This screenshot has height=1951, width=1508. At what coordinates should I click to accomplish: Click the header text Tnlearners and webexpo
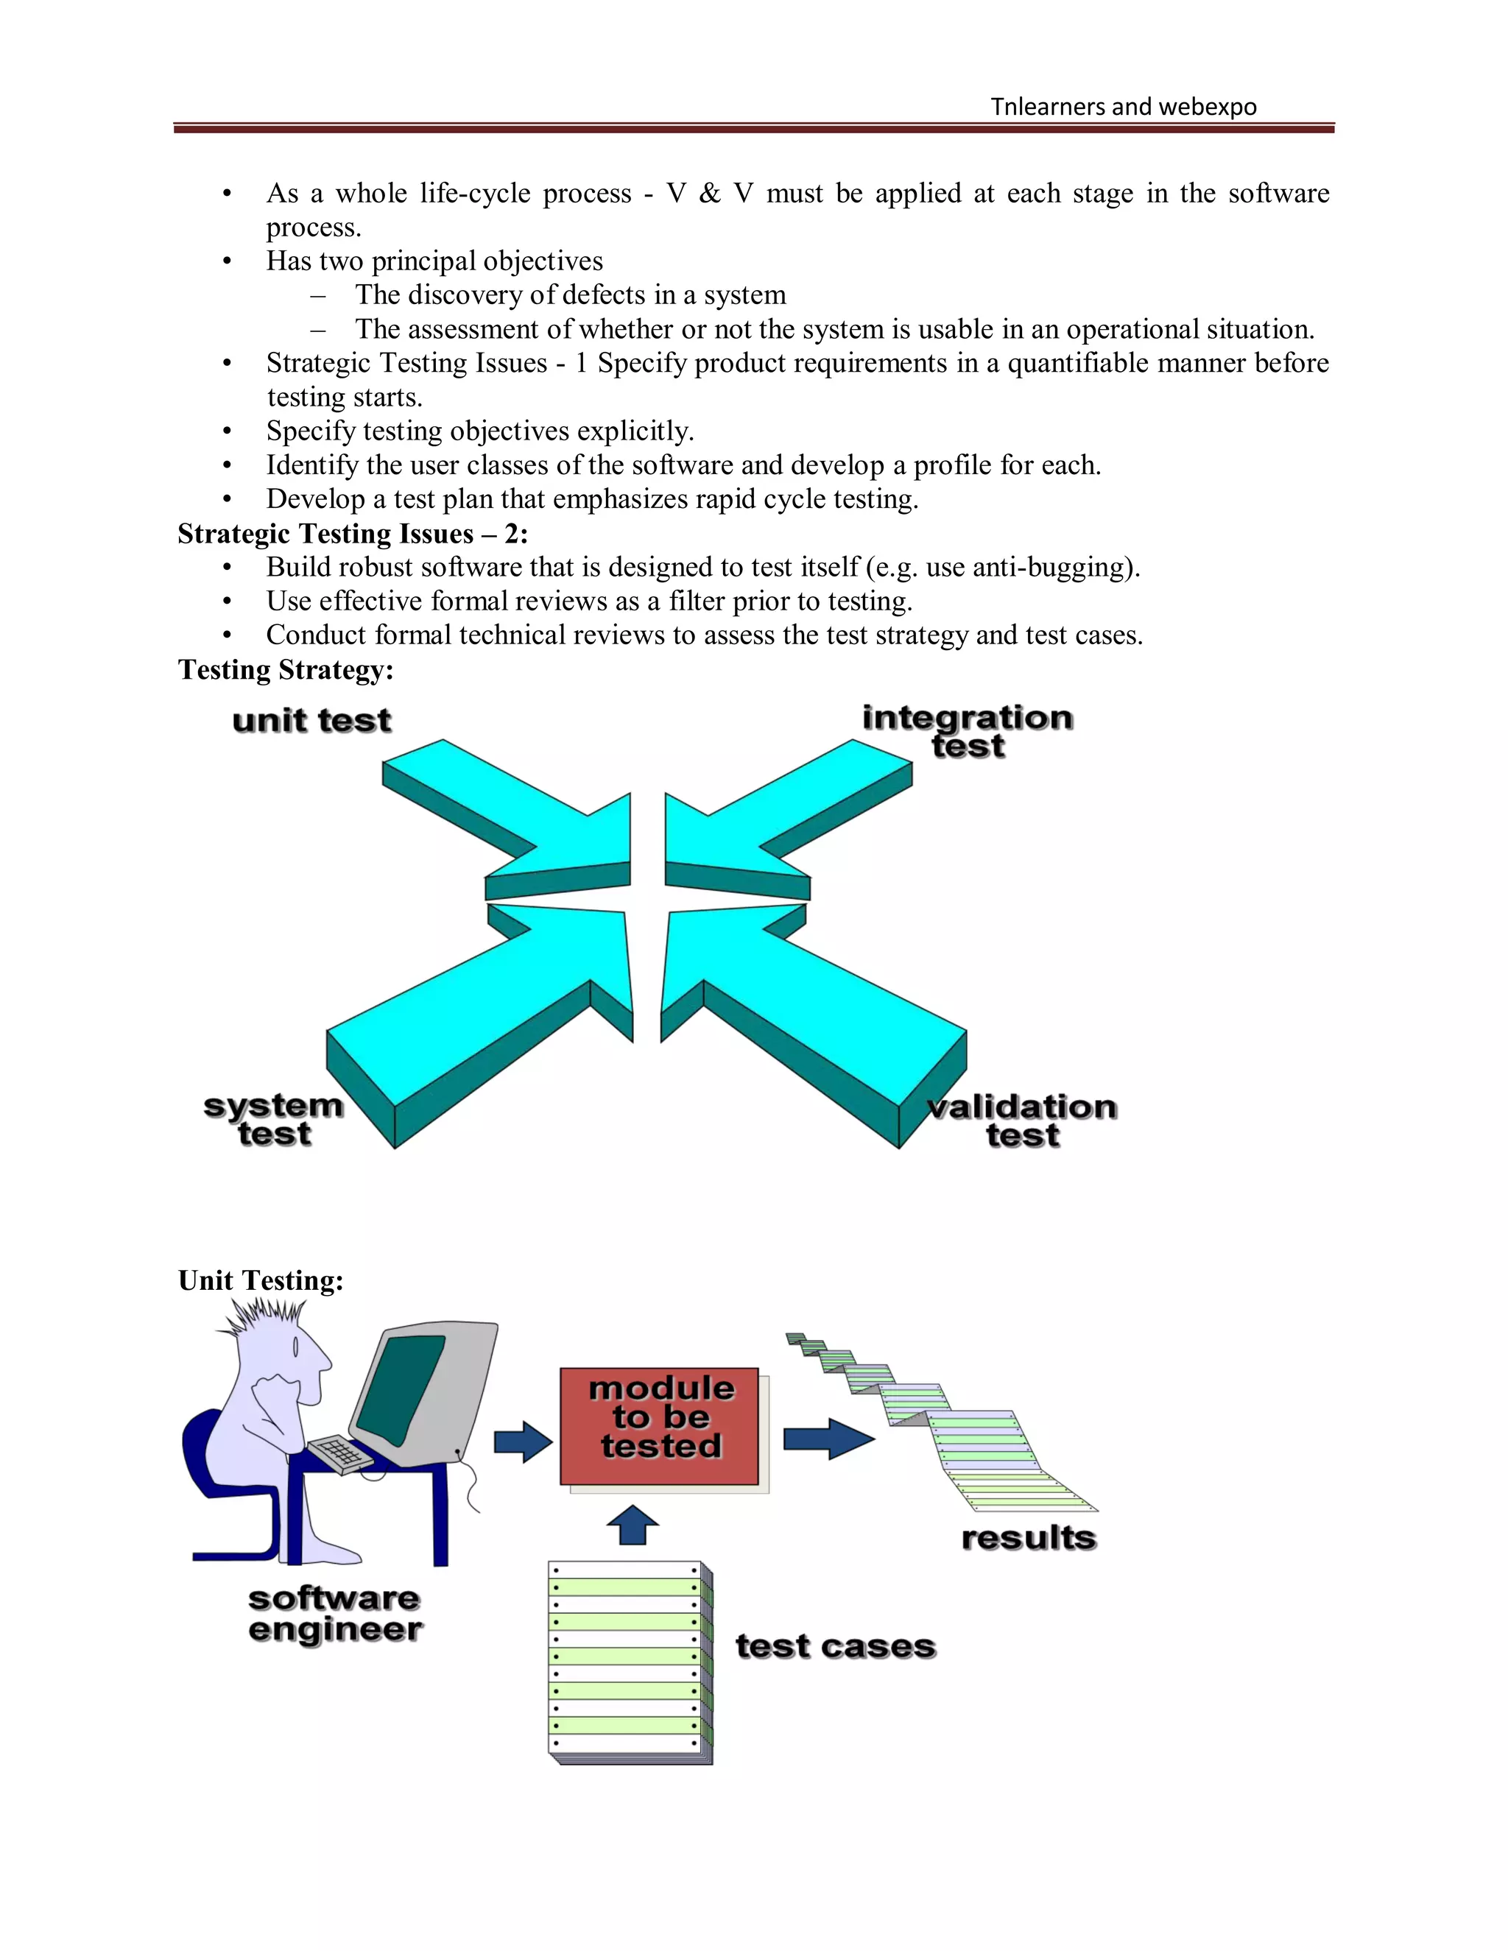(x=1123, y=107)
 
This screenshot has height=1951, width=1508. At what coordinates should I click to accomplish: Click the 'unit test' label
(x=311, y=720)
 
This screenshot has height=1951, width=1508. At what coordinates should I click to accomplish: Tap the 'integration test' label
(x=968, y=731)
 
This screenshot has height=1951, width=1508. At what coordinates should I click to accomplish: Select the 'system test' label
(x=273, y=1119)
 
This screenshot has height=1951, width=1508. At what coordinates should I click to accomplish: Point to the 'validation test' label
(x=1022, y=1121)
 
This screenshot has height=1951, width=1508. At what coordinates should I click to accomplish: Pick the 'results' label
(x=1028, y=1537)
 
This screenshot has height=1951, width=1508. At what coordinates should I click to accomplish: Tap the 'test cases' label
(x=835, y=1645)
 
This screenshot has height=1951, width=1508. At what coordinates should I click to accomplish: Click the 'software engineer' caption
(x=335, y=1613)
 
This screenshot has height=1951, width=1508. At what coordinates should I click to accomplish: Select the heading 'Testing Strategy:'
(x=286, y=670)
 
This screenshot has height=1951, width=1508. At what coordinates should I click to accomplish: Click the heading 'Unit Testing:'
(x=261, y=1280)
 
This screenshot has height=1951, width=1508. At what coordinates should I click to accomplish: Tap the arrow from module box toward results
(x=827, y=1439)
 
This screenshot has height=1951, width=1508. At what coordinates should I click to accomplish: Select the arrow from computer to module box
(x=524, y=1442)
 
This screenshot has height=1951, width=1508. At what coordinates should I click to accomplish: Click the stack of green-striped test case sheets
(x=630, y=1662)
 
